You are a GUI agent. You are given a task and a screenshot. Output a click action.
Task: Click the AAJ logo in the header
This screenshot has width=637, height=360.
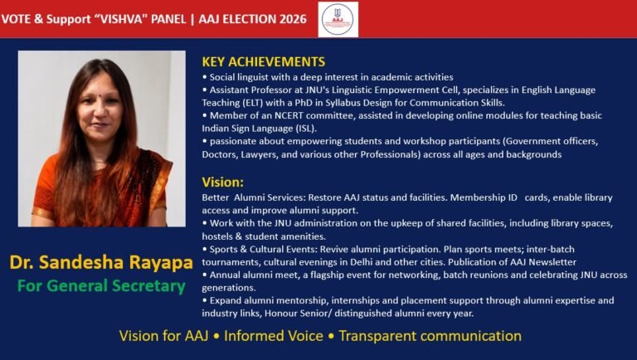pos(338,19)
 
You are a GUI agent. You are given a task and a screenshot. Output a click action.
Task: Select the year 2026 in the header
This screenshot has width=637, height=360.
pos(293,19)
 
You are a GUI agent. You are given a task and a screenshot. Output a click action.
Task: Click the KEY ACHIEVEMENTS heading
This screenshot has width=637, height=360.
pos(264,61)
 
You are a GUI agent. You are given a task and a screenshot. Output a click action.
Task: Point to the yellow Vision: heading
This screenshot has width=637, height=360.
pos(222,182)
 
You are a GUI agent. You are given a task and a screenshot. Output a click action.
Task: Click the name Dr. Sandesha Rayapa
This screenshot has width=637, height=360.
pos(101,262)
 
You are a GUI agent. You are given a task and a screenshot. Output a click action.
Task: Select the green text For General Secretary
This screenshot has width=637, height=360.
pos(101,285)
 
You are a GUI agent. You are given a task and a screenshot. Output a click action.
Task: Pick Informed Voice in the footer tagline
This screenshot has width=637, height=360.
pos(274,336)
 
